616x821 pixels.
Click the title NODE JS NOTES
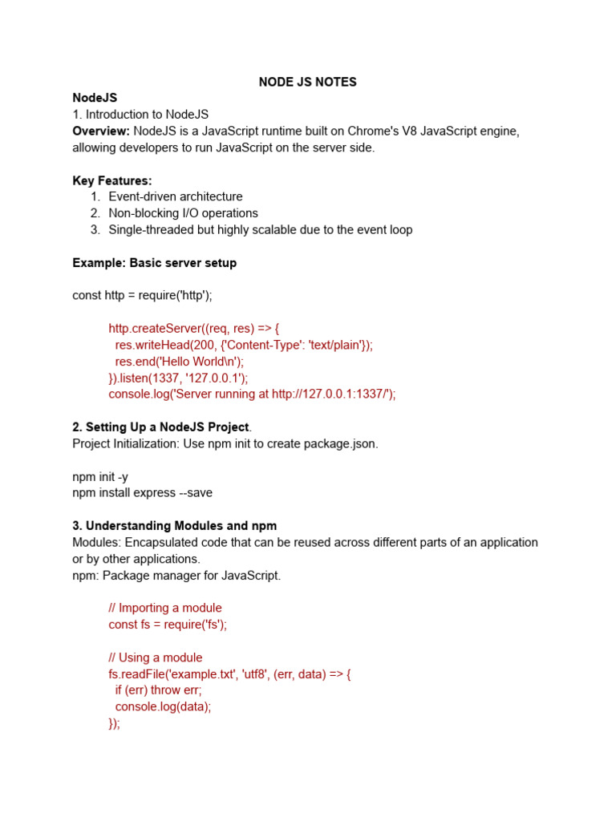[307, 82]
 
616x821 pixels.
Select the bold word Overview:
[101, 131]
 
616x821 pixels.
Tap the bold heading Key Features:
[111, 180]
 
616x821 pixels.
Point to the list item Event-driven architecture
[175, 196]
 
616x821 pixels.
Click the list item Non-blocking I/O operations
[183, 213]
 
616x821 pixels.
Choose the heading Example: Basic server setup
[154, 263]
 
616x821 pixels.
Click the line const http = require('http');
[142, 295]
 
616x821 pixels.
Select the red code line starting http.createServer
[193, 328]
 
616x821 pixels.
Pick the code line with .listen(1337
[178, 378]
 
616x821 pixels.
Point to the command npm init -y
[99, 476]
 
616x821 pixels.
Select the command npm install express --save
[142, 492]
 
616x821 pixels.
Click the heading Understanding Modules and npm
[174, 526]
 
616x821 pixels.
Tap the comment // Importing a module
[165, 608]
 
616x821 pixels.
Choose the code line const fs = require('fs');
[168, 624]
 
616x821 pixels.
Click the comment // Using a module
[156, 657]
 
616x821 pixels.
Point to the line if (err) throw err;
[158, 690]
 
